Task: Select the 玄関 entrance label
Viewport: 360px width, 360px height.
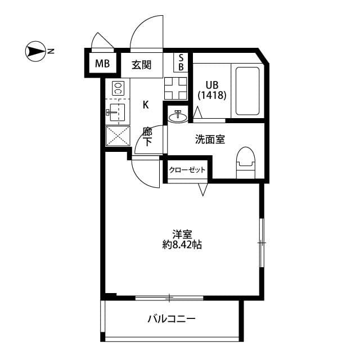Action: click(142, 64)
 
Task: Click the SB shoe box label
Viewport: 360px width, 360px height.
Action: click(181, 63)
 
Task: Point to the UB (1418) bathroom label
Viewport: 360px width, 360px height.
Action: click(211, 91)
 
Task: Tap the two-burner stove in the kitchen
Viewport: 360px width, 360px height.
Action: click(118, 88)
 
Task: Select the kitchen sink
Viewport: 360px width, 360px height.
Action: click(116, 112)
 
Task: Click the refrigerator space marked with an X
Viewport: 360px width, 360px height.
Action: click(117, 136)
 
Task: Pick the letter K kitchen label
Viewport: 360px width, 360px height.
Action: click(146, 104)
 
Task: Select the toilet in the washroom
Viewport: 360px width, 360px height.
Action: click(245, 160)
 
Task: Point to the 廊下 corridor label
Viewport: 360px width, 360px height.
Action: click(147, 137)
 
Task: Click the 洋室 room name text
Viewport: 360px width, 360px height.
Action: click(182, 233)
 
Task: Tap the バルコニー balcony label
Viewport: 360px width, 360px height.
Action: click(172, 319)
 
